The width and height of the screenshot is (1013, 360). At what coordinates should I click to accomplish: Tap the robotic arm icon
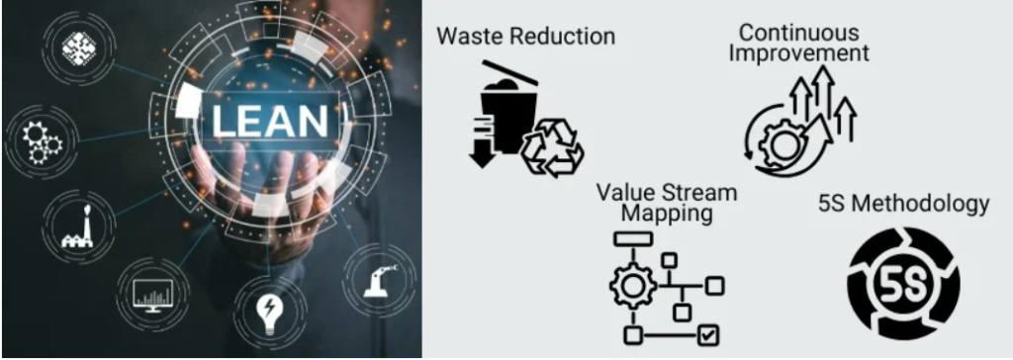pos(377,275)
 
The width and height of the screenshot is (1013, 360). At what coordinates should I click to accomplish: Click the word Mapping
pos(666,213)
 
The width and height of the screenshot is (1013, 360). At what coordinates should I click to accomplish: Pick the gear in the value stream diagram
pos(632,285)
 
